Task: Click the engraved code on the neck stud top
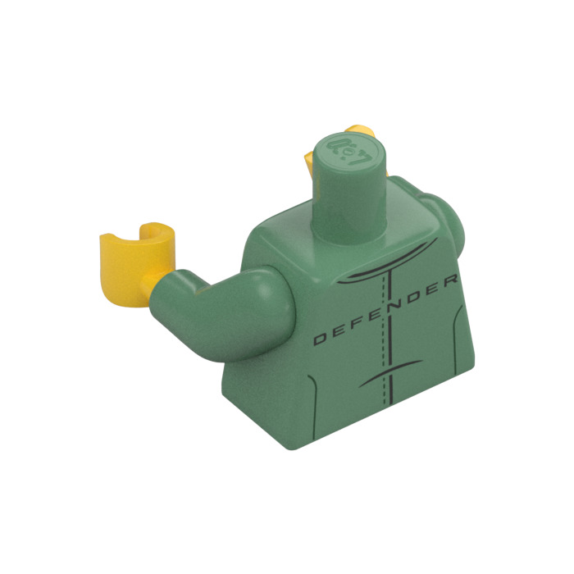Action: coord(352,150)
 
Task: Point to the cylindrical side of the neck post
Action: coord(350,205)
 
